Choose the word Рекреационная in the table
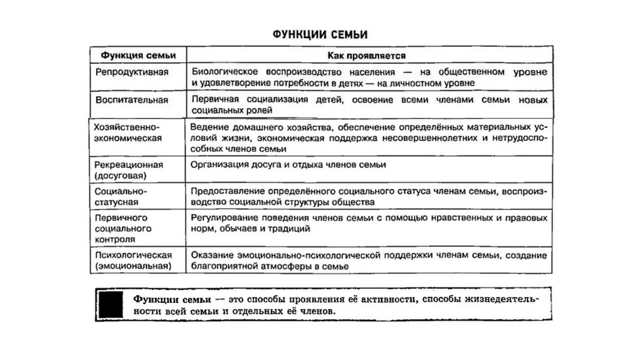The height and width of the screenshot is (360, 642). (130, 164)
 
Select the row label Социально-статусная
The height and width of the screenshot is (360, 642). (122, 196)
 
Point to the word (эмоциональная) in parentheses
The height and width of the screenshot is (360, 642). (133, 267)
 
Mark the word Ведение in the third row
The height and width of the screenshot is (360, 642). (207, 127)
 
